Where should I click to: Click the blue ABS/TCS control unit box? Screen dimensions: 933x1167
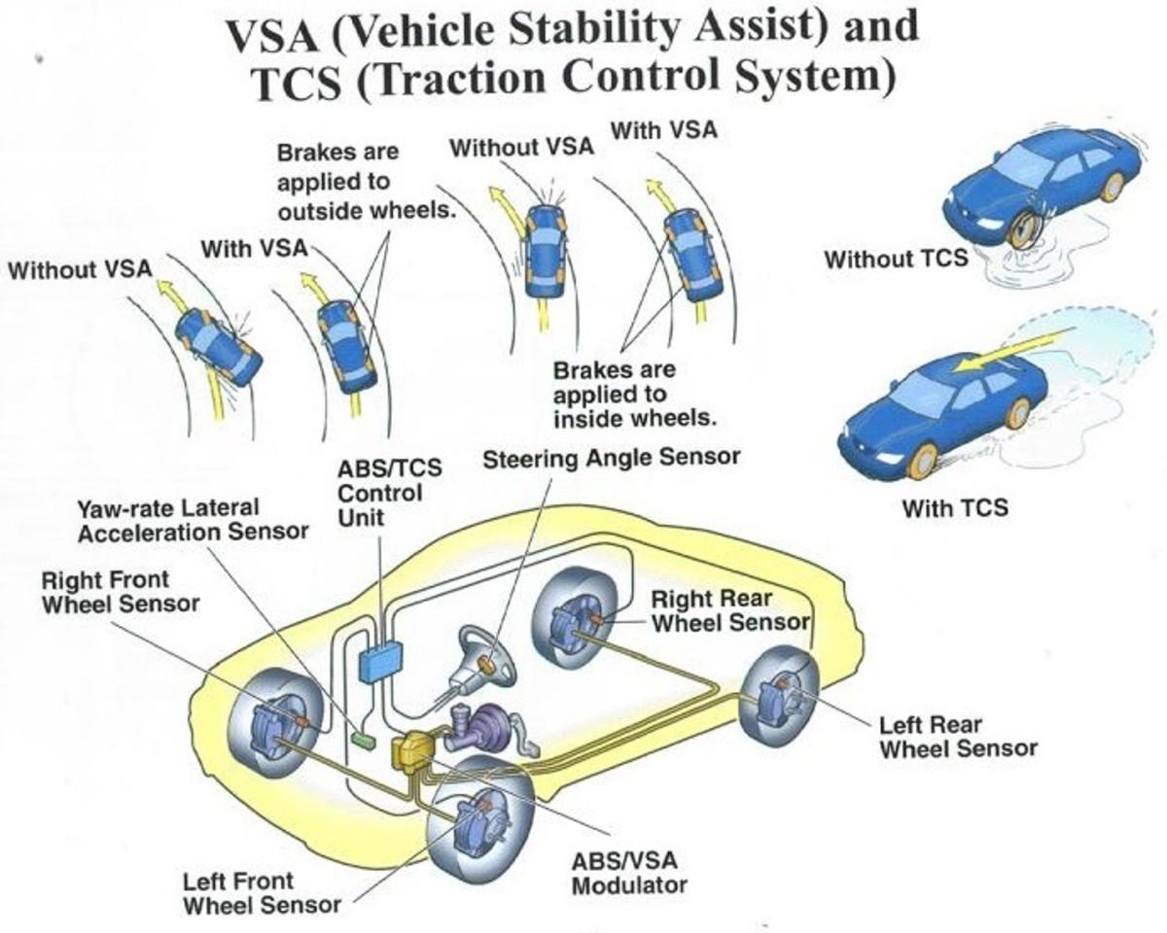click(x=380, y=661)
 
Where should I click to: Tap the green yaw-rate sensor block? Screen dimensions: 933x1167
click(x=362, y=740)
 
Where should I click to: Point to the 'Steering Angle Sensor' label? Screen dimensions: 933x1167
click(x=612, y=457)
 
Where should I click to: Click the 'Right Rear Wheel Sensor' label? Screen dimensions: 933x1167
click(x=729, y=609)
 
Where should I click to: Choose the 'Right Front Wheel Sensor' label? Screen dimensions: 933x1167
click(x=120, y=591)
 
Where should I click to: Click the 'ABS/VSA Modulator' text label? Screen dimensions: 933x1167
click(x=628, y=873)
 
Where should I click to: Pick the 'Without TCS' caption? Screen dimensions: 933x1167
click(x=896, y=259)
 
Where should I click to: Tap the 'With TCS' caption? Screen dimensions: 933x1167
click(x=954, y=507)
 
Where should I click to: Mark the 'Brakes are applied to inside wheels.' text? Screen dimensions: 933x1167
click(x=634, y=395)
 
